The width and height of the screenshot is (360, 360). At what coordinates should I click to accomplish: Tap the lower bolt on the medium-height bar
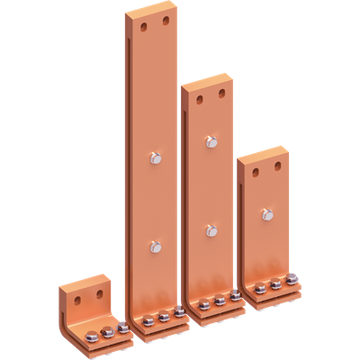[x=211, y=230]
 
